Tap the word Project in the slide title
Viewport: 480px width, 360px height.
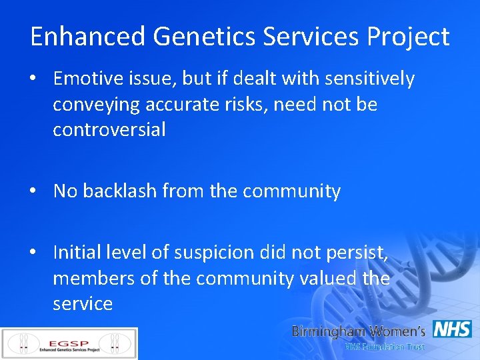pos(409,37)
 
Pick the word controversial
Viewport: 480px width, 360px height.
pos(109,129)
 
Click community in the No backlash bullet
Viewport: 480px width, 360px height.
pos(291,191)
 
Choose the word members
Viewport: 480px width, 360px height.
pos(95,278)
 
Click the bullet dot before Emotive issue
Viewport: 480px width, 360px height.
pos(33,80)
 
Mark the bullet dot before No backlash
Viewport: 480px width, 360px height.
pos(33,192)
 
